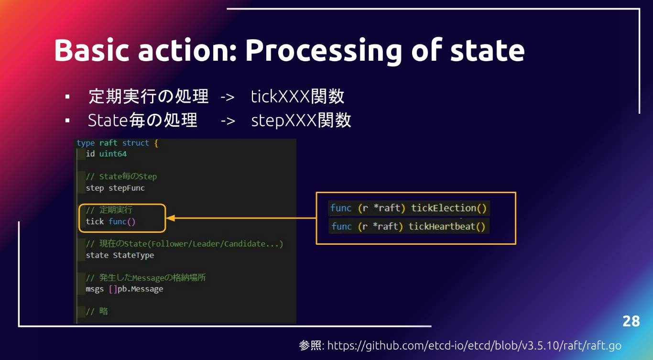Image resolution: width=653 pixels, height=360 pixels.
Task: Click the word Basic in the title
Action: coord(91,50)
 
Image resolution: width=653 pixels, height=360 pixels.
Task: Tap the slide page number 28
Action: coord(631,321)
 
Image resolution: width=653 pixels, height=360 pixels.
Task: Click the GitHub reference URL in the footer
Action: coord(474,346)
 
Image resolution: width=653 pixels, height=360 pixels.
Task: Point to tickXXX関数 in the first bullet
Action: coord(297,96)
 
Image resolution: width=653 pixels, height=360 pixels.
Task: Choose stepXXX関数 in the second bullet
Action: coord(301,120)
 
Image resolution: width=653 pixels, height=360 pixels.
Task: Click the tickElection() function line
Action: coord(408,208)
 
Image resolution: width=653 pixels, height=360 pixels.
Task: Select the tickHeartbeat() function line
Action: coord(408,226)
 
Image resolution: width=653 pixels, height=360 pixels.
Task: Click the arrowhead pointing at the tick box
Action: coord(170,218)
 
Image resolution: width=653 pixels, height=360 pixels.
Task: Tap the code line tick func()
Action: coord(110,221)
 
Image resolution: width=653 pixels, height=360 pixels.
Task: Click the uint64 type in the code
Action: coord(113,154)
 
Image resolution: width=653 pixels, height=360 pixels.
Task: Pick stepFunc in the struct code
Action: coord(127,188)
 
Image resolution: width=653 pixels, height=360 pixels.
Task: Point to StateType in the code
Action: coord(133,255)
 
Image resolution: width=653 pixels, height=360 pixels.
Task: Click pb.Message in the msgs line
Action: coord(140,289)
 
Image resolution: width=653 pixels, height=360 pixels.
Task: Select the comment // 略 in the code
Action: coord(97,311)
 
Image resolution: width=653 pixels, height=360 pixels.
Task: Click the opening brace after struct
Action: coord(156,143)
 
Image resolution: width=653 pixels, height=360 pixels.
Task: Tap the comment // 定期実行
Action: coord(109,210)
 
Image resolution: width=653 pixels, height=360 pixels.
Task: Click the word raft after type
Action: coord(108,143)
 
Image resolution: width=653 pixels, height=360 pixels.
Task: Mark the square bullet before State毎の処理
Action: coord(67,120)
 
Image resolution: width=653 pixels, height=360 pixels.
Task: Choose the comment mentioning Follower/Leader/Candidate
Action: coord(184,244)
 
